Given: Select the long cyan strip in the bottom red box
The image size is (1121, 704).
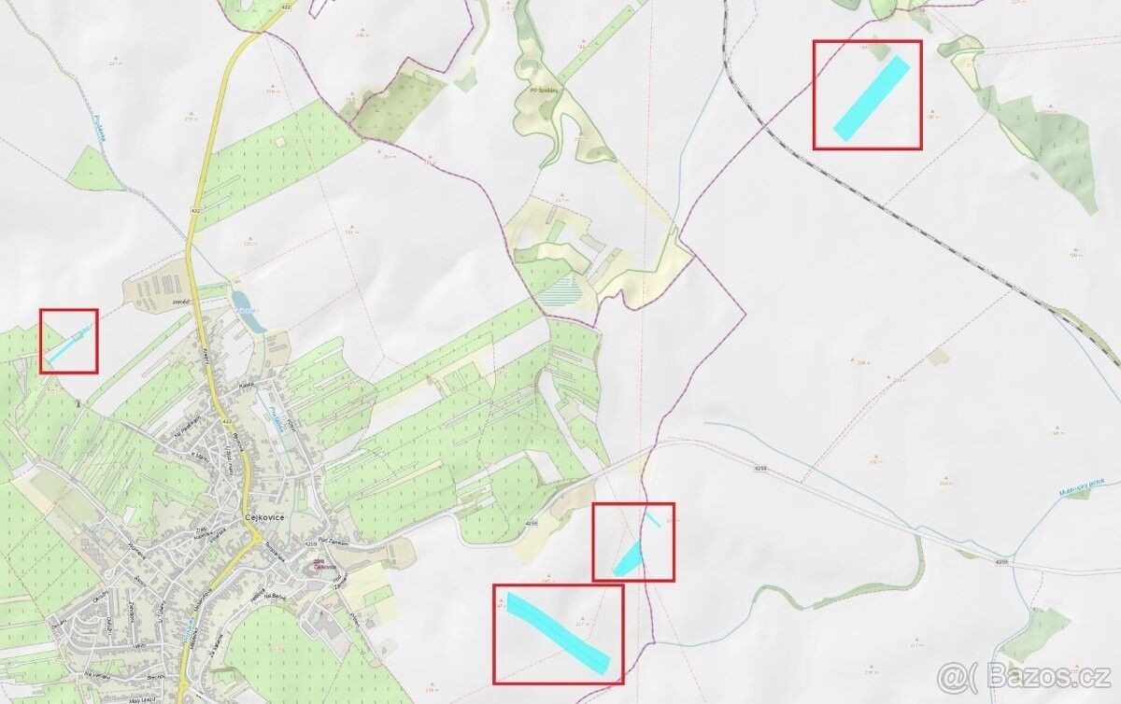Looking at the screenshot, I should tap(557, 631).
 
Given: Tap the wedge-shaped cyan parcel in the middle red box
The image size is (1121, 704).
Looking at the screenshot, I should tap(629, 559).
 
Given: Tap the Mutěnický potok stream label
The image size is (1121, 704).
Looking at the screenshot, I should tap(1083, 486).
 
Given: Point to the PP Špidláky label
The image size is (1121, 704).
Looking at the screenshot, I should tap(545, 92).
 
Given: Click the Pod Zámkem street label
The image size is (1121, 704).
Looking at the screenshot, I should tap(333, 542).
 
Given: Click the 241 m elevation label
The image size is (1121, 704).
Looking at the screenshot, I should tap(115, 63).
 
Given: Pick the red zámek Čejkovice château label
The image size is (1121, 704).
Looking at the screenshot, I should tap(323, 564).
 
